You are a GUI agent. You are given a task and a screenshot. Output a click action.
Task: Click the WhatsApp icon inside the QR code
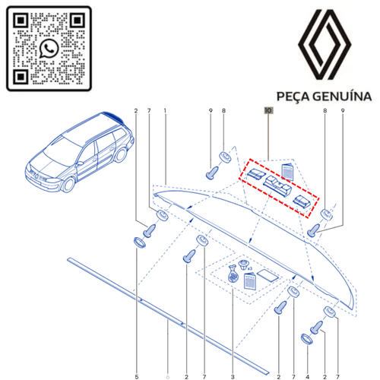click(x=49, y=48)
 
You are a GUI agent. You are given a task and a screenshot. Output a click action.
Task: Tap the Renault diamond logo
click(x=325, y=45)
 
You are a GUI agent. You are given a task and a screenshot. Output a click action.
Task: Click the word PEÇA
click(x=293, y=97)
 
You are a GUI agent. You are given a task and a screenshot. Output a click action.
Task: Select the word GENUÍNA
click(x=342, y=97)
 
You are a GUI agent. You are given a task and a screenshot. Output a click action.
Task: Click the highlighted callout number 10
click(x=268, y=110)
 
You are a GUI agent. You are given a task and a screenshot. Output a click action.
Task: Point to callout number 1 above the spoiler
click(x=165, y=111)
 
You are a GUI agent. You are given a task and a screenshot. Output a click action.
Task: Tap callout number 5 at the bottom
click(x=137, y=377)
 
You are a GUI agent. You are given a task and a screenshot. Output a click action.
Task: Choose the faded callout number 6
click(x=167, y=377)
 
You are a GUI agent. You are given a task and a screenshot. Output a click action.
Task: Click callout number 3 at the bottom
click(x=233, y=377)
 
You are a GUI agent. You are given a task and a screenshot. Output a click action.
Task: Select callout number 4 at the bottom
click(x=307, y=377)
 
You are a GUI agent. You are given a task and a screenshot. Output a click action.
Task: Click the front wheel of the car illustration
click(x=68, y=185)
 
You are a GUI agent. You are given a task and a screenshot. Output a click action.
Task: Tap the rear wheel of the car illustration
click(x=120, y=155)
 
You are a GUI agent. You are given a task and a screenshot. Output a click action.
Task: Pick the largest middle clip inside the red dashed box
click(x=277, y=186)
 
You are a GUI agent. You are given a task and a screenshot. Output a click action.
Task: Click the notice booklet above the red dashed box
click(x=288, y=172)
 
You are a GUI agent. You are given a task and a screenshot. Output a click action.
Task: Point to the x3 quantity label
click(x=250, y=268)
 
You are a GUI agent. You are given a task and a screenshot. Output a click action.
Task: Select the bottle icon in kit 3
click(x=233, y=274)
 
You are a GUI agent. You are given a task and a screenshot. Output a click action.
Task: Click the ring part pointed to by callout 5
click(x=139, y=242)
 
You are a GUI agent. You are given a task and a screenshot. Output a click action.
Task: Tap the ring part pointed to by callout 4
click(x=307, y=339)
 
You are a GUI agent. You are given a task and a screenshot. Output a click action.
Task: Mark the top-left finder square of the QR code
click(x=21, y=21)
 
